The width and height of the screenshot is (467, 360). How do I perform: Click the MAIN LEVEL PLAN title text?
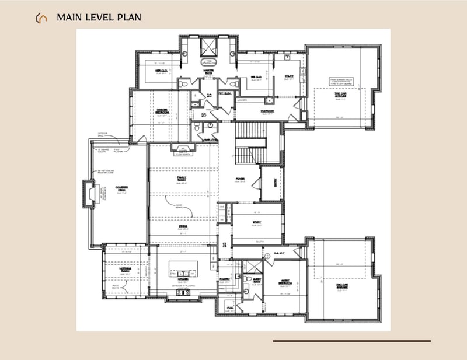click(x=99, y=18)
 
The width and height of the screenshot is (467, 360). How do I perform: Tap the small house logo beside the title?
click(x=41, y=18)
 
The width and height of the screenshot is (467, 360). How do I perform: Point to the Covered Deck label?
click(x=121, y=189)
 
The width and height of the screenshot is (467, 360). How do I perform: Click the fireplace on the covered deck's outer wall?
click(x=89, y=195)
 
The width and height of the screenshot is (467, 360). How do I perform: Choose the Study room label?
click(x=257, y=222)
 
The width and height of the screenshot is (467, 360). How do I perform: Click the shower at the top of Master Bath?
click(x=208, y=46)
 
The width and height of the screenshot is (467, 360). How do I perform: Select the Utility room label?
click(x=289, y=76)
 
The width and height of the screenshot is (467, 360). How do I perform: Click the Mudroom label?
click(x=268, y=111)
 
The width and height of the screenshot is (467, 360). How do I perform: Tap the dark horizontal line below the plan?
click(x=351, y=341)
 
